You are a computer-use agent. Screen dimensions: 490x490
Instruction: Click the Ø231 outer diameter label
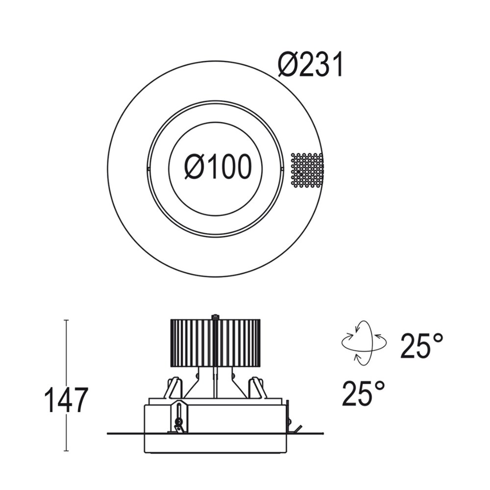[x=310, y=65]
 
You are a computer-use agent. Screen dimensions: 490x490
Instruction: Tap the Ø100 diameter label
[x=218, y=167]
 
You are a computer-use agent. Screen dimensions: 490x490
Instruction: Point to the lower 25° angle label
[x=364, y=393]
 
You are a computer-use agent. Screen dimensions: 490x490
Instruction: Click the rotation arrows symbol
[x=364, y=343]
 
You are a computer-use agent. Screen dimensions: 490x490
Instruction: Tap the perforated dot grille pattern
[x=307, y=171]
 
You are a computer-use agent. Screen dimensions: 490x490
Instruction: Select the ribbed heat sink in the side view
[x=215, y=343]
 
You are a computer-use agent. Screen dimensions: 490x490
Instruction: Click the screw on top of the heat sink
[x=215, y=317]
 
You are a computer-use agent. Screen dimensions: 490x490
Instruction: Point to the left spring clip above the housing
[x=173, y=388]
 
